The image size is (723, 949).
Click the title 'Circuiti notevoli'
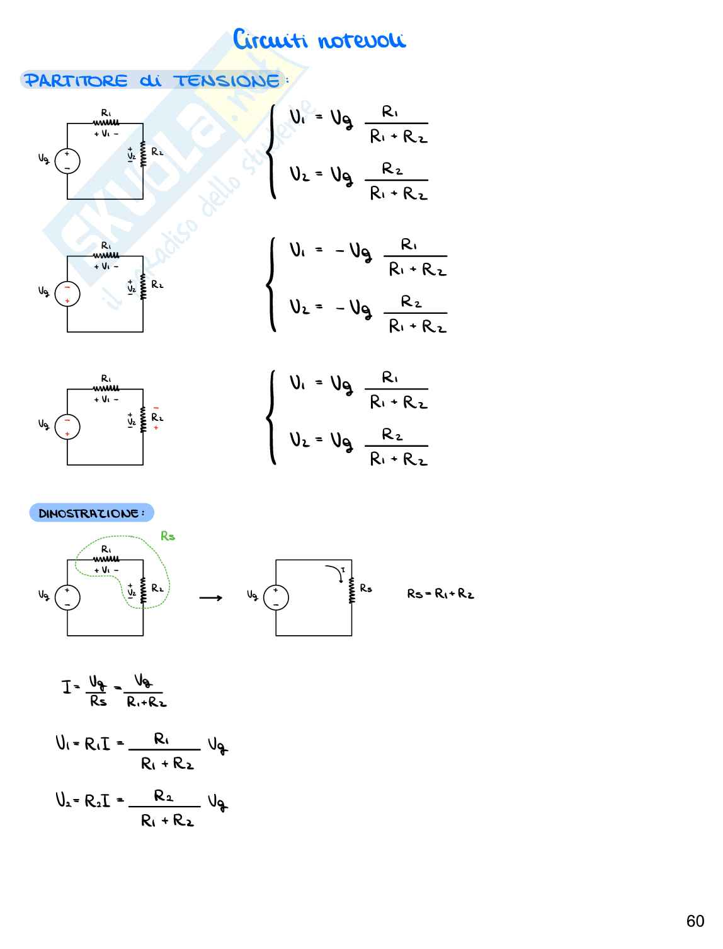[x=319, y=40]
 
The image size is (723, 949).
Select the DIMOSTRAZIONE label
[x=91, y=513]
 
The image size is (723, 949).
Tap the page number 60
[x=695, y=921]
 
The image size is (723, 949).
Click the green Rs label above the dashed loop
[x=168, y=536]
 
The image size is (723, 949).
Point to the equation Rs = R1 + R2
[x=440, y=594]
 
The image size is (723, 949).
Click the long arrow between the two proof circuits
[x=210, y=597]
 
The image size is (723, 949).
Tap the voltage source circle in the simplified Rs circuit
[x=276, y=597]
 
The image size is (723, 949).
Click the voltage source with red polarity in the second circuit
[x=67, y=294]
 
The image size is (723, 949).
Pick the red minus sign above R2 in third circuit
[x=156, y=408]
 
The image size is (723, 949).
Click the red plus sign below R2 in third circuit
[x=156, y=428]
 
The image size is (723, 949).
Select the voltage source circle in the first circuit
[x=67, y=161]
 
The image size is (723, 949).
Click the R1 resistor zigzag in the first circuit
[x=106, y=124]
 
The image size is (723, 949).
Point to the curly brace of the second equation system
[x=271, y=284]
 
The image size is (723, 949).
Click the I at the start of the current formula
[x=66, y=686]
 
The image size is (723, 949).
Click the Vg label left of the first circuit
[x=44, y=159]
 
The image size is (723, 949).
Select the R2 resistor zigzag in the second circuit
[x=143, y=287]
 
